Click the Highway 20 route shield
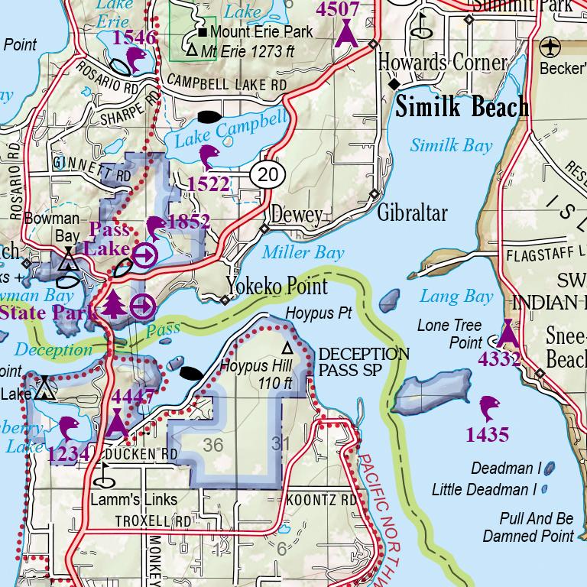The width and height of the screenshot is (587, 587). (x=268, y=175)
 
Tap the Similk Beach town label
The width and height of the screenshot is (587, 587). (x=462, y=108)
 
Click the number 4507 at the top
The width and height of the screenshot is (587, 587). (x=338, y=8)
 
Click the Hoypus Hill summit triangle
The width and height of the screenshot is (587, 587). (x=287, y=348)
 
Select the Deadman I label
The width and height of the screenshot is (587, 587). (x=506, y=468)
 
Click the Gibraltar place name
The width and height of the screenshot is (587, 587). (x=411, y=212)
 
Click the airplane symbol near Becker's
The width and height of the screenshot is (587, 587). (x=550, y=47)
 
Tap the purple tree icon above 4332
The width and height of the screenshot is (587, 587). (x=508, y=333)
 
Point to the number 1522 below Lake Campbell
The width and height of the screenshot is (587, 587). (x=208, y=183)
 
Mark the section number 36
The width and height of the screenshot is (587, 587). (x=213, y=444)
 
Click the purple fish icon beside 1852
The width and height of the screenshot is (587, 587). (x=155, y=227)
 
